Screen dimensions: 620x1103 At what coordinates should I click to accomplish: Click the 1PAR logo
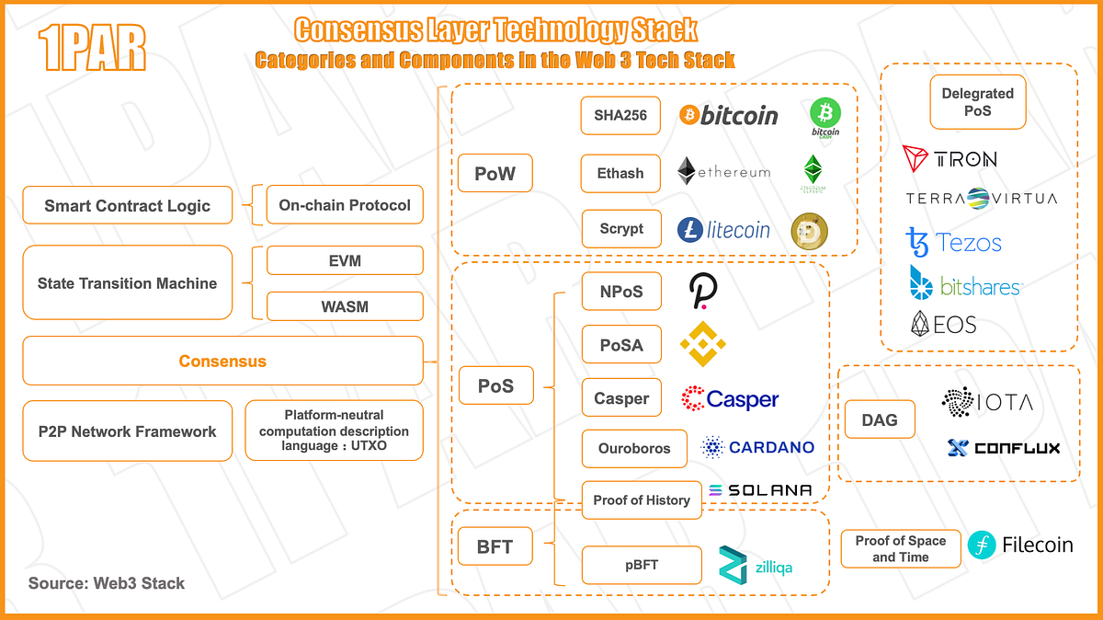click(x=92, y=50)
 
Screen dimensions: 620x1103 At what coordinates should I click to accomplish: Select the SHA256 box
click(x=620, y=116)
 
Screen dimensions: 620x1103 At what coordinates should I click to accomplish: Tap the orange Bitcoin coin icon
click(x=689, y=115)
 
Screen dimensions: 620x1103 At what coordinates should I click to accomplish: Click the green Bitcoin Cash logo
click(x=824, y=117)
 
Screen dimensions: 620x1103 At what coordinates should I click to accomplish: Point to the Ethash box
click(x=620, y=173)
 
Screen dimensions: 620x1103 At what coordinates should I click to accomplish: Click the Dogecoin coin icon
click(x=810, y=231)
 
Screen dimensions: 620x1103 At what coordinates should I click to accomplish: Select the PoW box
click(x=495, y=173)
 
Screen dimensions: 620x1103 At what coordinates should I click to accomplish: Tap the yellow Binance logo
click(x=703, y=345)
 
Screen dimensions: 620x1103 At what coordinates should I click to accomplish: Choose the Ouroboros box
click(x=634, y=448)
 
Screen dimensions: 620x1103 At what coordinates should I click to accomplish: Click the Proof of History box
click(x=642, y=500)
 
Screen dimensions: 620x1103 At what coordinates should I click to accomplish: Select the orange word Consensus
click(x=222, y=362)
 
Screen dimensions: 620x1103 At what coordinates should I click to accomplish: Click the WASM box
click(x=345, y=306)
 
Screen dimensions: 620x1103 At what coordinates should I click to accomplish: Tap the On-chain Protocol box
click(x=345, y=205)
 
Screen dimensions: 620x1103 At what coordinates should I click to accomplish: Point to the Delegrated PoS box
click(x=978, y=102)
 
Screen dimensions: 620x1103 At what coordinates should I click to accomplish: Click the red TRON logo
click(x=917, y=159)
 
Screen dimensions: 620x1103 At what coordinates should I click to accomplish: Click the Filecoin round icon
click(x=982, y=545)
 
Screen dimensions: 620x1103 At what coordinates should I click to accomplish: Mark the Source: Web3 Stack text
click(x=107, y=583)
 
